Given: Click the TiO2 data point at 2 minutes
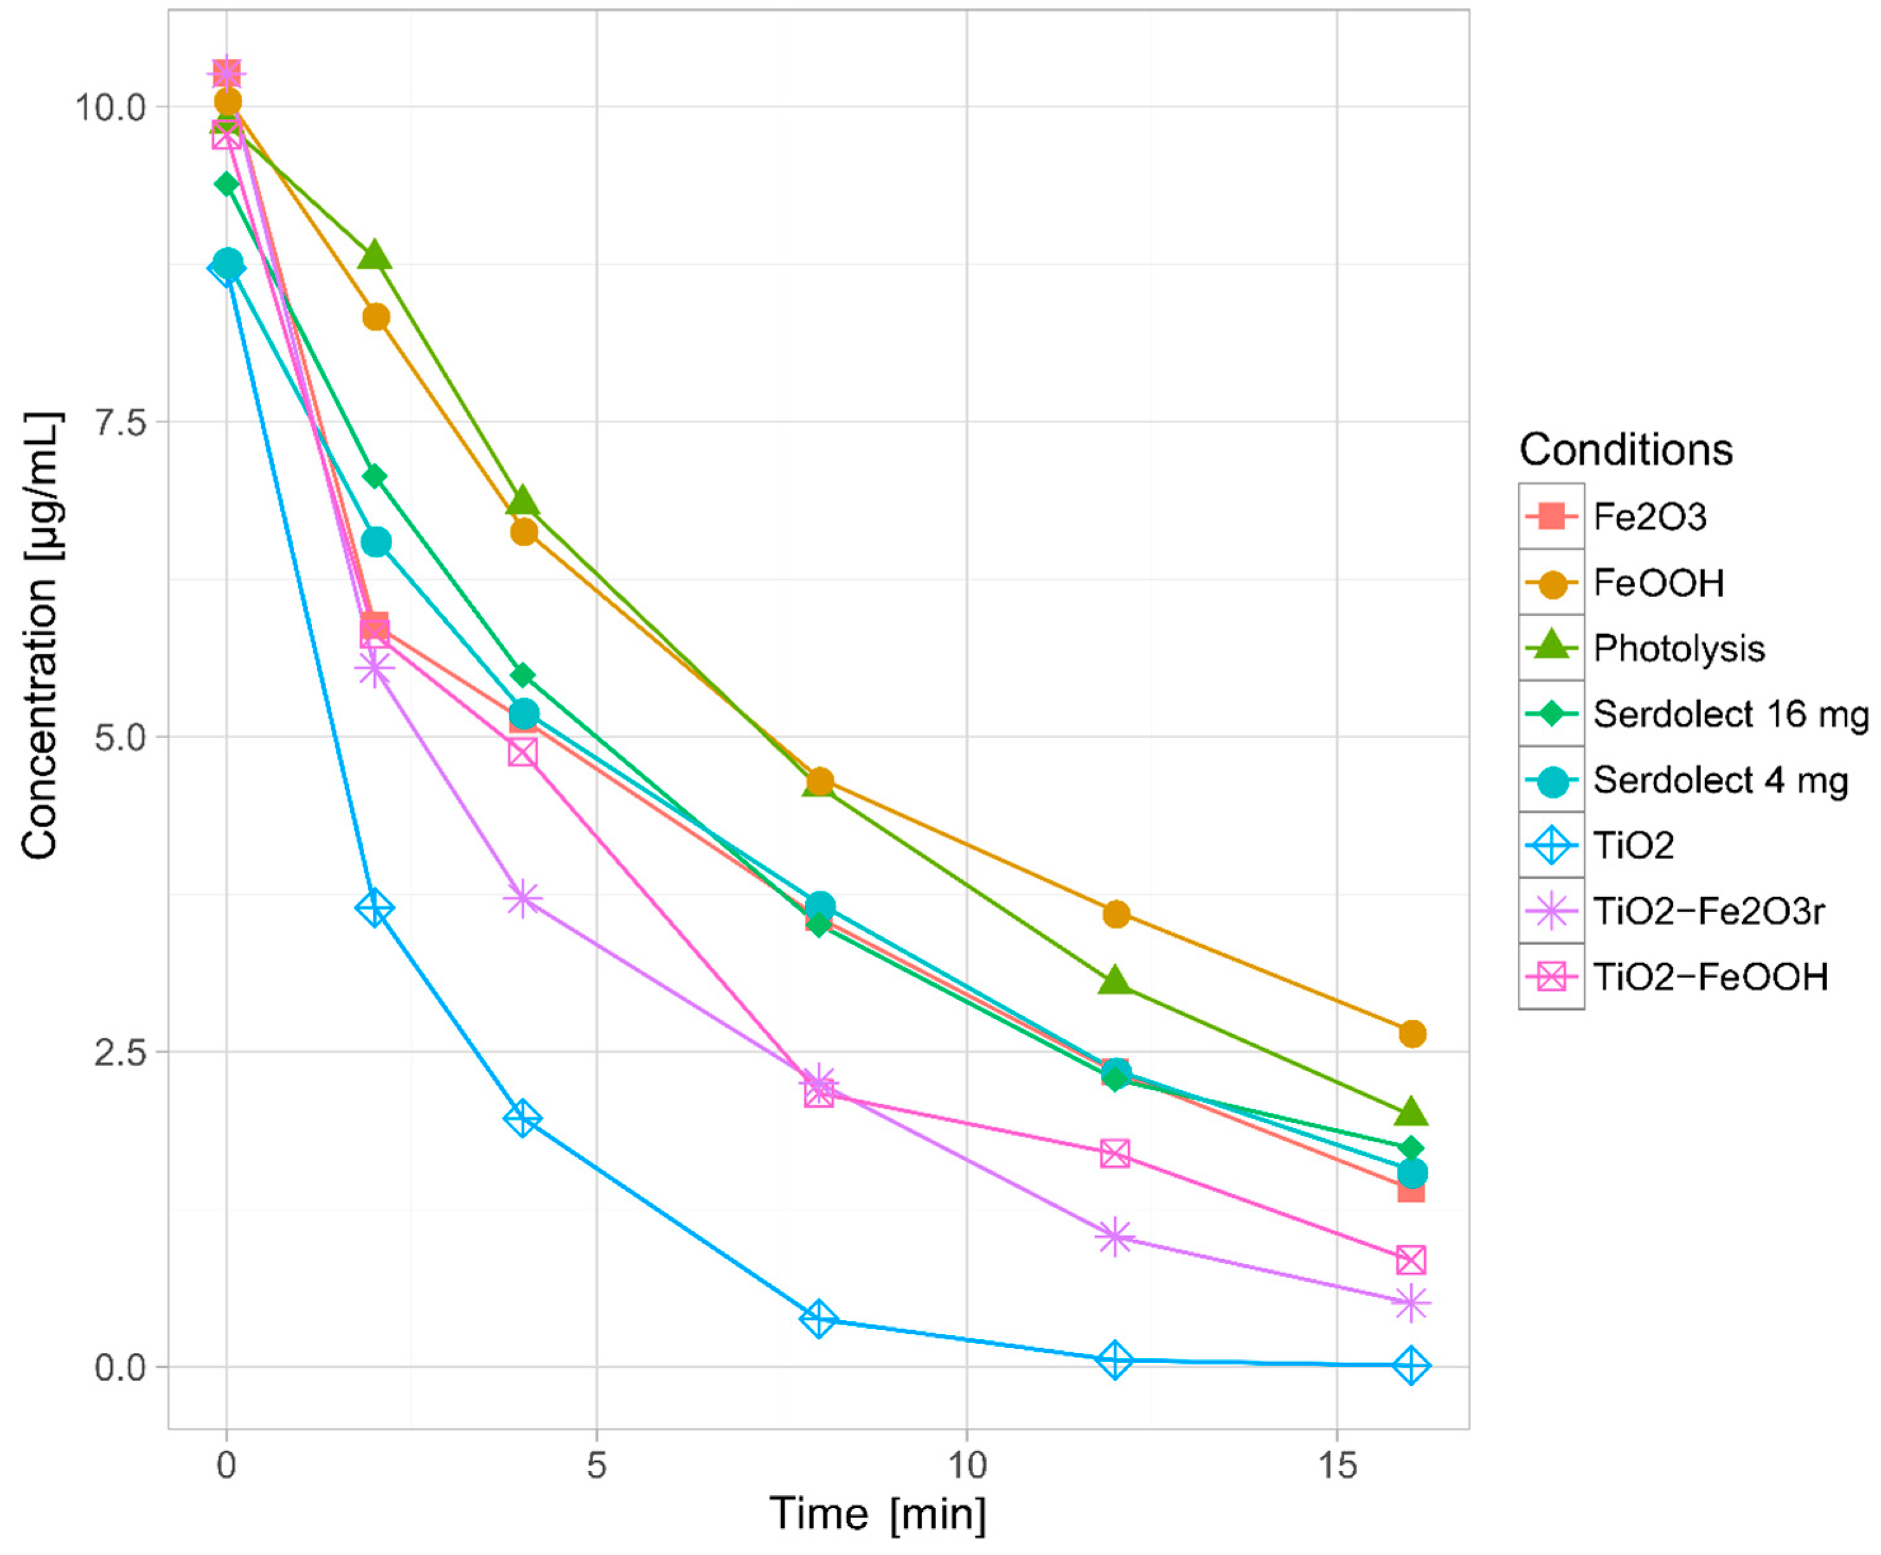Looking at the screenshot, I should (x=374, y=908).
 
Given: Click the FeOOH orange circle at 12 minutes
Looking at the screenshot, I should (x=1116, y=914).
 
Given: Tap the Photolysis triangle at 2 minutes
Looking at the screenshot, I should (x=374, y=256).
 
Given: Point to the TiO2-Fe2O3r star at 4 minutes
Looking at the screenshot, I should (x=523, y=899).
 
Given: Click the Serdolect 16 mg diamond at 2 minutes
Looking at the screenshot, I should (x=374, y=476).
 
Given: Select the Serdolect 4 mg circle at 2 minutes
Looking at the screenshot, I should (x=376, y=542).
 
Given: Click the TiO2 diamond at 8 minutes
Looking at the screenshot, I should (x=818, y=1319).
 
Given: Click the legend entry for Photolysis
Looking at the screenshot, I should (x=1678, y=648).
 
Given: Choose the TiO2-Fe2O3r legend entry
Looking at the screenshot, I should (x=1708, y=912).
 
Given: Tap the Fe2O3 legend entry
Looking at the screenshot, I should (x=1650, y=516).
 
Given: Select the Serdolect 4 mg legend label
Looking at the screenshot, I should (x=1720, y=780).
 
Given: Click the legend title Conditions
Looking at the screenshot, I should (x=1626, y=449).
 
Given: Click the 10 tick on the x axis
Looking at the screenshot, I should (x=967, y=1465).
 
